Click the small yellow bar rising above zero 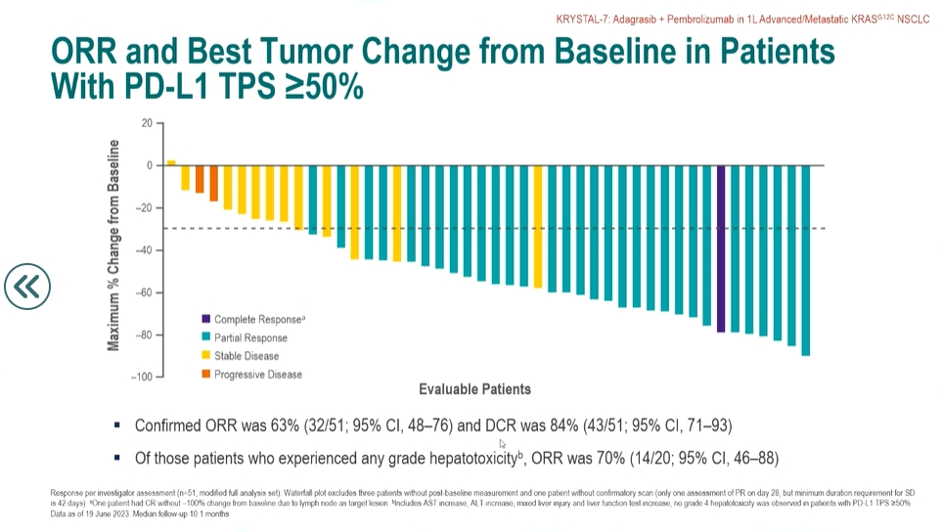[x=171, y=162]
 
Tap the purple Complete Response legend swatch [x=205, y=319]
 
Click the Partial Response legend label [x=250, y=337]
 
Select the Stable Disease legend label [x=247, y=356]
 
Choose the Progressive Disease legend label [x=258, y=375]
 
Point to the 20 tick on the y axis [x=147, y=123]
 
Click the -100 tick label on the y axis [x=142, y=377]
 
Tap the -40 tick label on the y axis [x=145, y=250]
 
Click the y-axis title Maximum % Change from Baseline [x=113, y=244]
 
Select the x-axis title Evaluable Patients [x=474, y=389]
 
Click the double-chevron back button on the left [x=26, y=286]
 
